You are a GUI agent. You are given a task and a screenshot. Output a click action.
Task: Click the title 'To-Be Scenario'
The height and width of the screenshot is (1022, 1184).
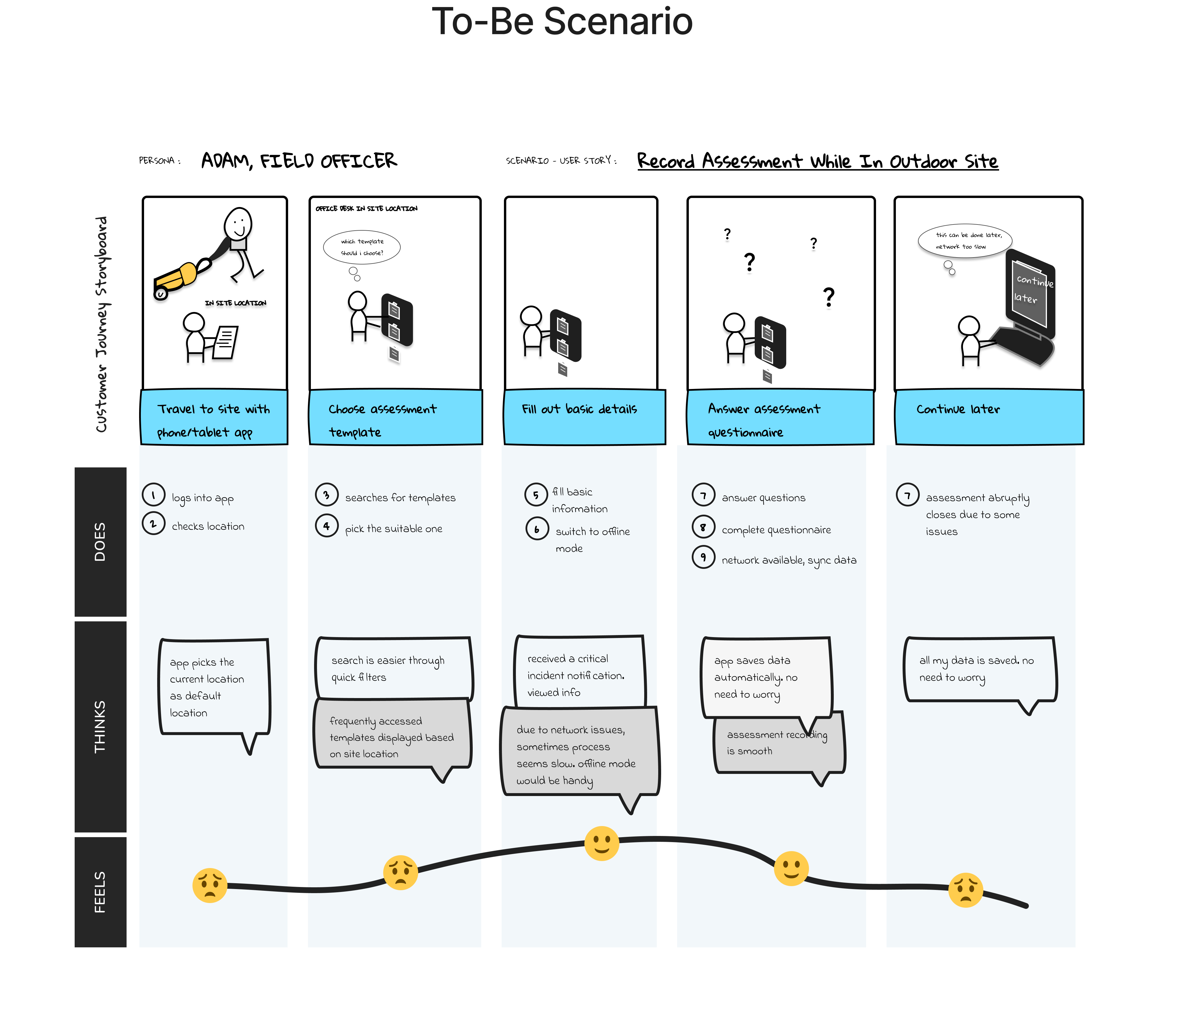562,22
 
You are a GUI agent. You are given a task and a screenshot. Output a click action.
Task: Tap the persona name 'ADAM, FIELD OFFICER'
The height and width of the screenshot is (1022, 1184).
299,161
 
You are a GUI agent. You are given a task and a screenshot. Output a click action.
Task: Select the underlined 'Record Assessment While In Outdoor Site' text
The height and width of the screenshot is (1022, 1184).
817,162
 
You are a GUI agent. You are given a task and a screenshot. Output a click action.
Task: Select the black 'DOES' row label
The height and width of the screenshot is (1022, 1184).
100,541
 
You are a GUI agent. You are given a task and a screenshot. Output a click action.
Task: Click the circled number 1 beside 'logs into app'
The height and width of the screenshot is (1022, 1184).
153,495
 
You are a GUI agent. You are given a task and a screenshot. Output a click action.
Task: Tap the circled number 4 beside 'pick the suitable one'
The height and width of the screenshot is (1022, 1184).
326,525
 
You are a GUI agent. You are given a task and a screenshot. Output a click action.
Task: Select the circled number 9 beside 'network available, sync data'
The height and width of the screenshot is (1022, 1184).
703,557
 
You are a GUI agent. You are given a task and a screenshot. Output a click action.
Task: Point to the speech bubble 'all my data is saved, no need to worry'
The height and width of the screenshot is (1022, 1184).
980,669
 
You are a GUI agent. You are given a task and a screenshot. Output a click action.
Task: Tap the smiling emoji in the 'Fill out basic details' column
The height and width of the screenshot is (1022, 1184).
601,843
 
